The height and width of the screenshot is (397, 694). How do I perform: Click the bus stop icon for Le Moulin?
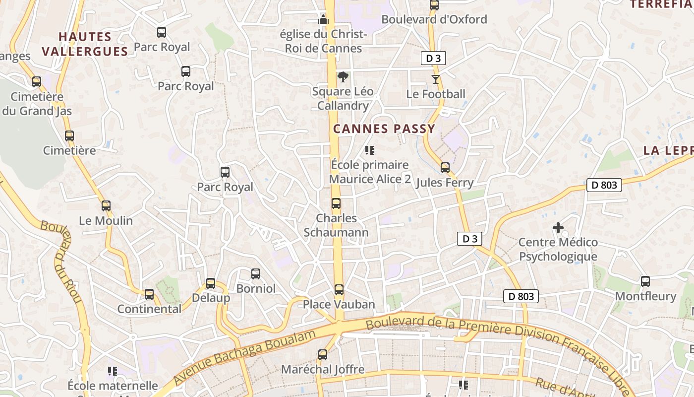(106, 206)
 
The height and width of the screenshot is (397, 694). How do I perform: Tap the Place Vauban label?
(339, 304)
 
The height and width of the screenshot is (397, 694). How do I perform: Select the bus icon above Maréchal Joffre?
(323, 355)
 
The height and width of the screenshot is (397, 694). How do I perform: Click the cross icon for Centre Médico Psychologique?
(558, 228)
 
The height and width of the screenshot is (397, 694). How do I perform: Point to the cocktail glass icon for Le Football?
(435, 79)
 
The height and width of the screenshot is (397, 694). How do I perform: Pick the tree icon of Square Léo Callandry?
(343, 77)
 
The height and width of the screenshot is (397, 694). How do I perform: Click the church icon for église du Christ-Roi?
(323, 20)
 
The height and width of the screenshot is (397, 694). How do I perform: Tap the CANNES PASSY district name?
(384, 129)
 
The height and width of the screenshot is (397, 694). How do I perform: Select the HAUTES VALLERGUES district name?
(85, 44)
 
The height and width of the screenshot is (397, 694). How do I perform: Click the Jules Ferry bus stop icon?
(445, 168)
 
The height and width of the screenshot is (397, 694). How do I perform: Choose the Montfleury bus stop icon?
(645, 281)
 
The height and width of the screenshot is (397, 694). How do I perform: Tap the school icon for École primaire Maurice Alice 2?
(369, 150)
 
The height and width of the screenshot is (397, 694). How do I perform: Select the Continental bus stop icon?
(149, 294)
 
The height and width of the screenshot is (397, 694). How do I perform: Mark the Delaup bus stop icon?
(211, 283)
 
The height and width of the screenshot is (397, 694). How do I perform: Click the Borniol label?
(256, 288)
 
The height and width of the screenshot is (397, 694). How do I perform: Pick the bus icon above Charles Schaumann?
(336, 203)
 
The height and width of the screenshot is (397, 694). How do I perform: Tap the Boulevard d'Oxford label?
(434, 19)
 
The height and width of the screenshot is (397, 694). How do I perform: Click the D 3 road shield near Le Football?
(433, 58)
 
